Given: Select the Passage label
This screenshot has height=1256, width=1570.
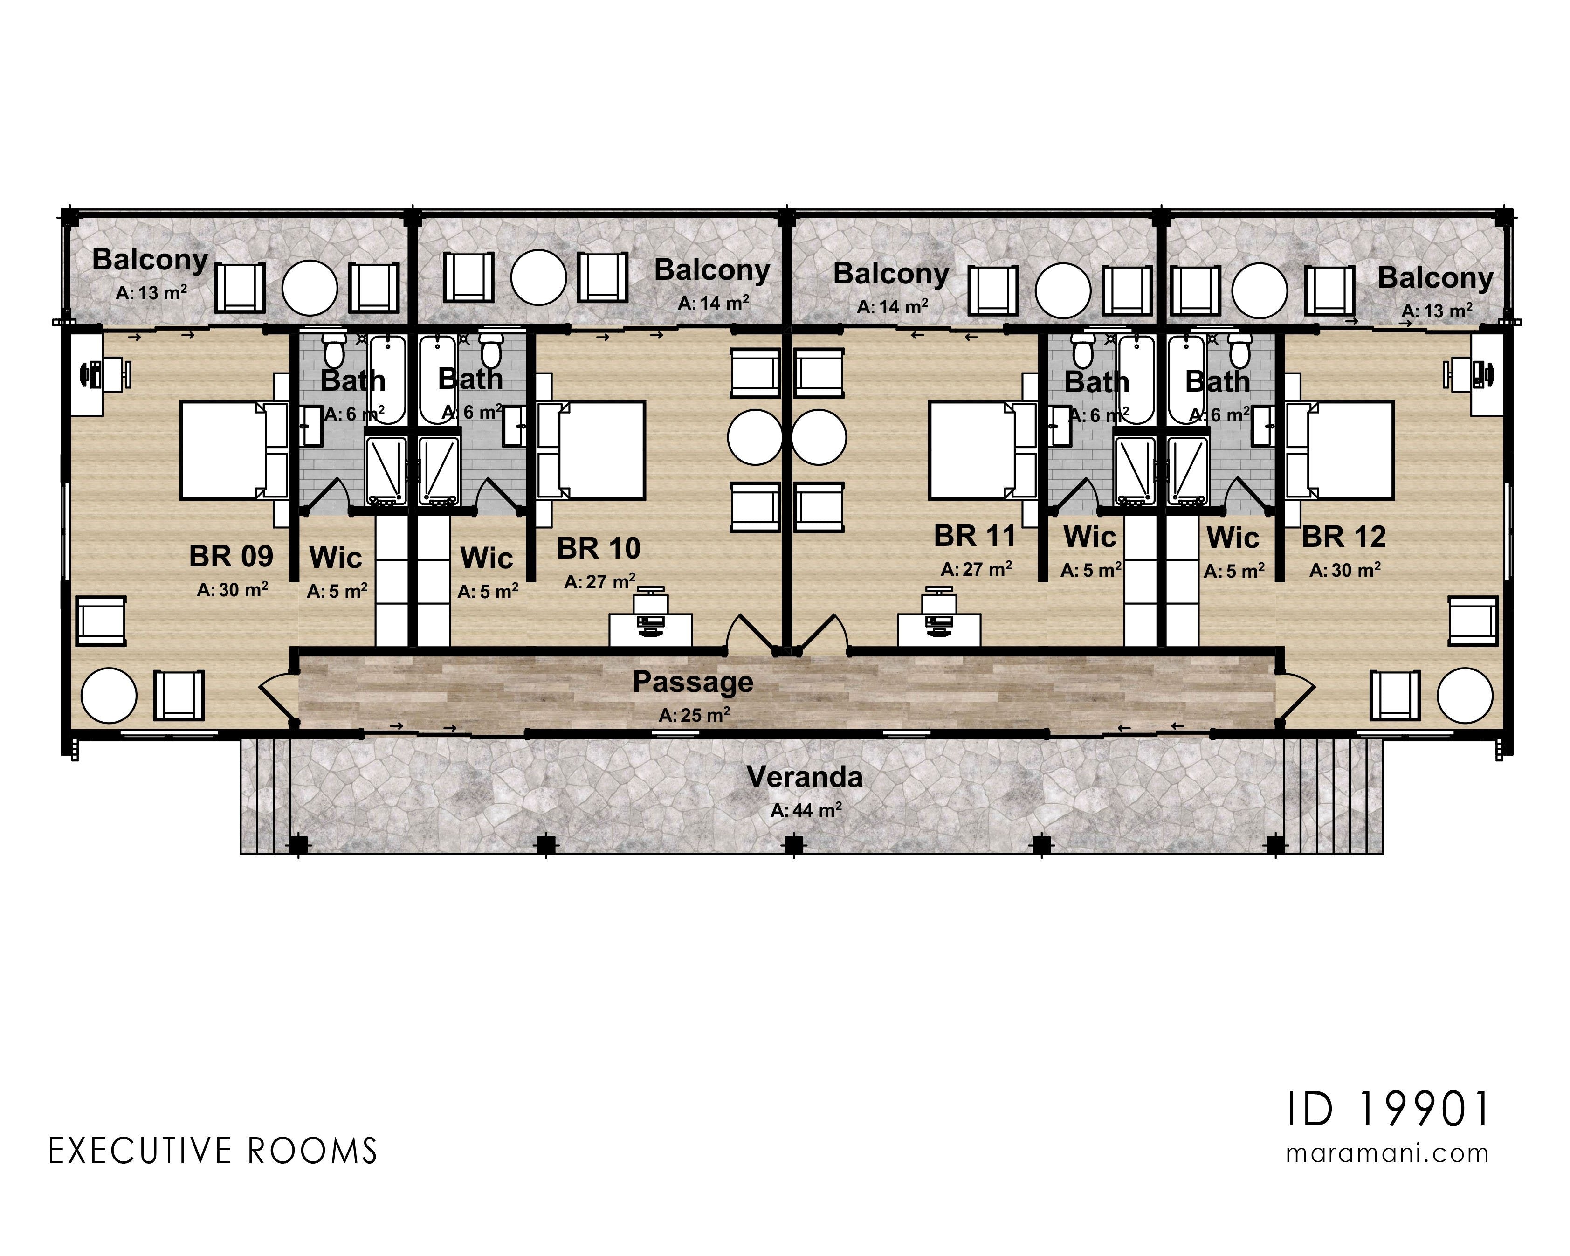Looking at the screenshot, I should pos(693,682).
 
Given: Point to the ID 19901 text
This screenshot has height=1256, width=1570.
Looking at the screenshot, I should pos(1388,1110).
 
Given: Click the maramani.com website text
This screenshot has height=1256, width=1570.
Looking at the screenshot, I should pos(1387,1154).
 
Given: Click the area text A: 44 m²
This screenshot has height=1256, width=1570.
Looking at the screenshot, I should pos(806,810).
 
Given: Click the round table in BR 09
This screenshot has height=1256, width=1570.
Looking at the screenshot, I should pos(109,695).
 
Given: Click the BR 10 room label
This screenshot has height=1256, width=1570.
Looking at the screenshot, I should pos(599,548).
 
